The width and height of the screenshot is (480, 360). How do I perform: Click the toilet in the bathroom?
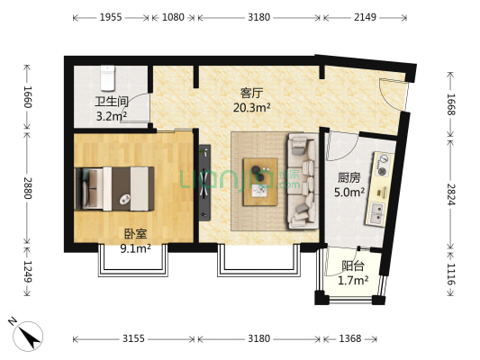[x=107, y=78]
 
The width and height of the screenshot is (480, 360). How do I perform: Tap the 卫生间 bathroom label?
[x=112, y=101]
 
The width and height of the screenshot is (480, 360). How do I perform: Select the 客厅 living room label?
[x=251, y=92]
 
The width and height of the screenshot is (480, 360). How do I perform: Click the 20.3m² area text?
[x=251, y=106]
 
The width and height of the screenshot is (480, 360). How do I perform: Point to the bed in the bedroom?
[x=113, y=187]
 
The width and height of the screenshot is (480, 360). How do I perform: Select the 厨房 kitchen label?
[x=350, y=178]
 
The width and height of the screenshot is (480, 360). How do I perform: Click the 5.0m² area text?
[x=350, y=192]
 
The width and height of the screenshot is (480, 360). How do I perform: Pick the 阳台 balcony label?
[x=353, y=266]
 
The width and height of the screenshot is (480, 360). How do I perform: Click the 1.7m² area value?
[x=353, y=281]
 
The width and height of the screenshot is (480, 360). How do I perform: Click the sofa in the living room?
[x=301, y=180]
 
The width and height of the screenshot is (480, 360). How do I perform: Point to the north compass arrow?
[x=30, y=335]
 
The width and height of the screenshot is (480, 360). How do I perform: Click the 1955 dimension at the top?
[x=111, y=17]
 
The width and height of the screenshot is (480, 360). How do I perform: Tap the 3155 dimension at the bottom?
[x=134, y=339]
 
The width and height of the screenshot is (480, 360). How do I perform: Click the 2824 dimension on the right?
[x=451, y=193]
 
